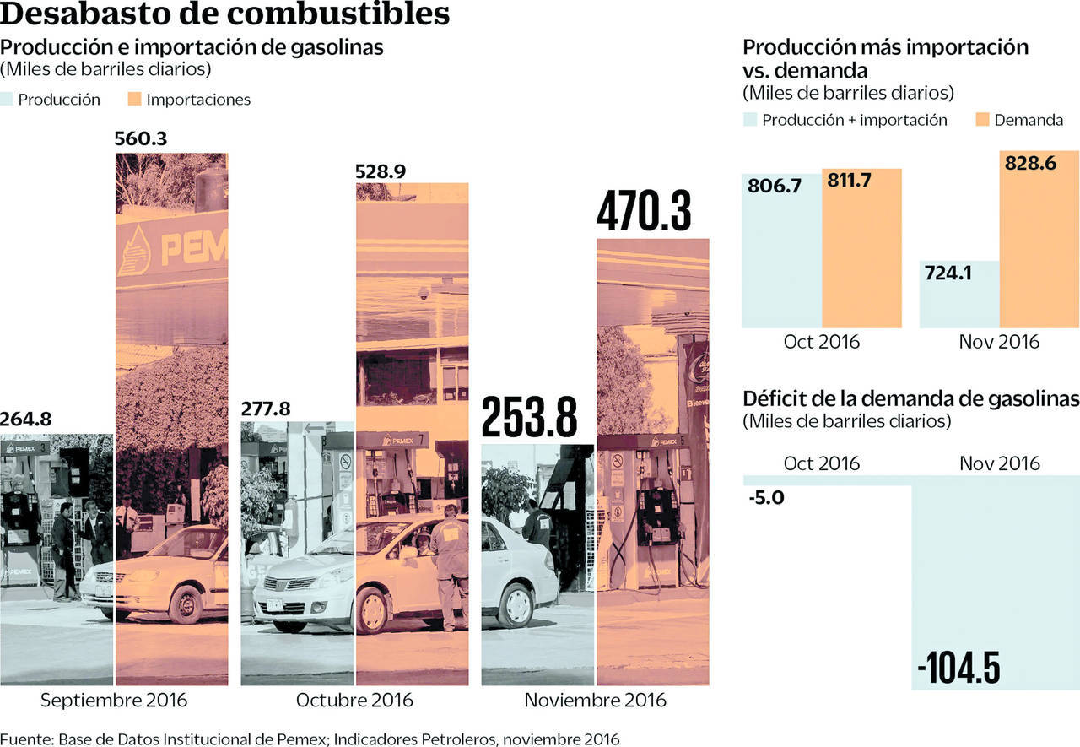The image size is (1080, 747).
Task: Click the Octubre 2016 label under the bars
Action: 354,701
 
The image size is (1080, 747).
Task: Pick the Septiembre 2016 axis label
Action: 114,701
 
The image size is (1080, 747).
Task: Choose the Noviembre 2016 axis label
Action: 595,701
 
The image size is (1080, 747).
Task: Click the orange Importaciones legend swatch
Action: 133,100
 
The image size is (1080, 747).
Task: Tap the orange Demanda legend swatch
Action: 981,120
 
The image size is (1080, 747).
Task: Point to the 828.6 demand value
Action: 1030,163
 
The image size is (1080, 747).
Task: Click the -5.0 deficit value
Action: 766,498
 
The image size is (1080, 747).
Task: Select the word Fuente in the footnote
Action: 26,739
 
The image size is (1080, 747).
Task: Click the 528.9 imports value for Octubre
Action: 380,171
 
